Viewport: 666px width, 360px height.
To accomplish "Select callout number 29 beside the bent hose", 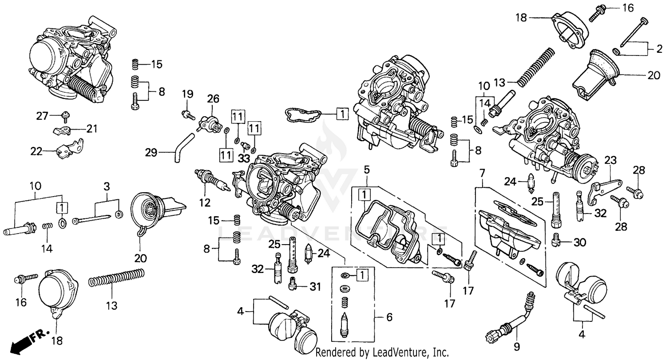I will pos(151,153).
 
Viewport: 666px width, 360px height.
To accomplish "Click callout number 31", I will pos(315,287).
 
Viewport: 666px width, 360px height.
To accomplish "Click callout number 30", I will pos(580,242).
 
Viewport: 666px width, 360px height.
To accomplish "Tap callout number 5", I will pos(367,170).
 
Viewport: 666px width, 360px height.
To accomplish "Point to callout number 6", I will pos(389,318).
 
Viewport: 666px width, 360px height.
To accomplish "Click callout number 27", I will pos(42,116).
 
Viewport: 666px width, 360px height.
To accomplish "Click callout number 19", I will pos(187,94).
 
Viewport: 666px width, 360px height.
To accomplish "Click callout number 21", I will pos(92,129).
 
